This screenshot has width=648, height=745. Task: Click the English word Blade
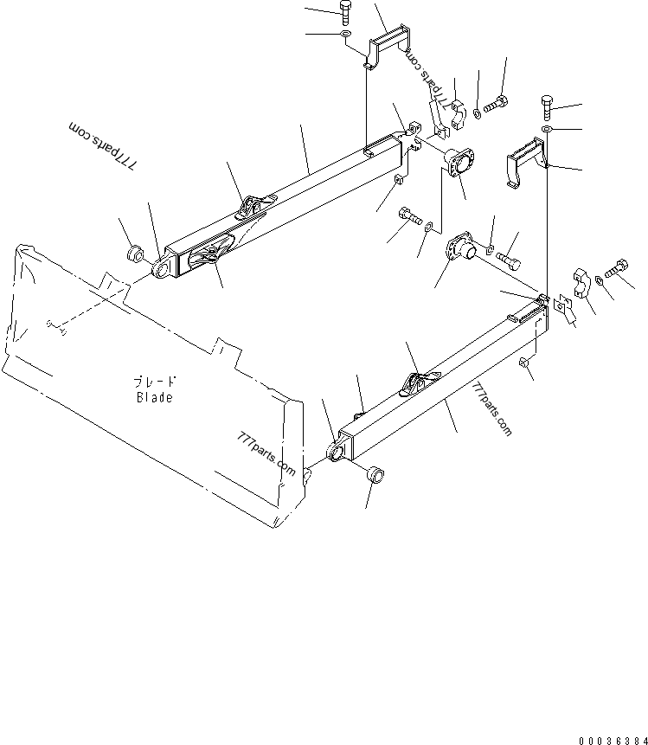click(x=154, y=398)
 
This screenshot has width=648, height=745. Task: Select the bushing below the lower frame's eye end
click(x=375, y=476)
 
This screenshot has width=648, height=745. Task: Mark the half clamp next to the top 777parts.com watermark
click(x=457, y=111)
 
